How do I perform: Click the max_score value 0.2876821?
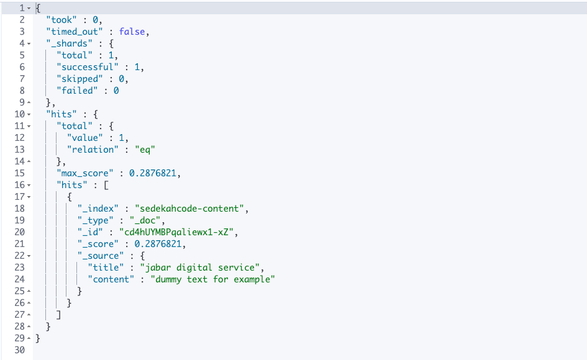tap(155, 173)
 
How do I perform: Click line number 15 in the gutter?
tap(19, 173)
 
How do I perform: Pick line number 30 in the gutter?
tap(19, 350)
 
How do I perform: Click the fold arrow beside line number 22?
tap(29, 256)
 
